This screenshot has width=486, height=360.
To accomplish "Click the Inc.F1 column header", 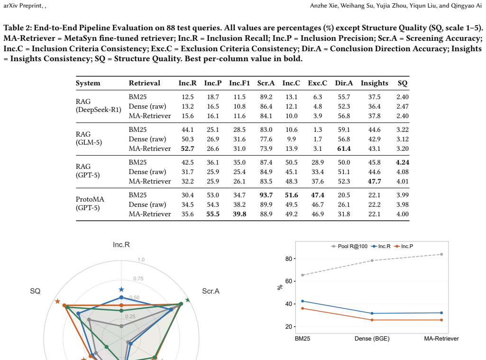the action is [239, 83].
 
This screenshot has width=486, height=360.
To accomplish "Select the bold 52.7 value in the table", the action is [187, 148].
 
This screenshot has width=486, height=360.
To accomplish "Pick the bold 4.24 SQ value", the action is [403, 162].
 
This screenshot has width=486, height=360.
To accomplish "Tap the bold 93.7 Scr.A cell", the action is [266, 195].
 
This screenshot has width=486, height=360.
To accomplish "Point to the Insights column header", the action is [375, 83].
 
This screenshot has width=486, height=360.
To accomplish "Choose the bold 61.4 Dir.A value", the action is [344, 148].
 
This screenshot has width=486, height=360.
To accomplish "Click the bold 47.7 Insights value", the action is [375, 181].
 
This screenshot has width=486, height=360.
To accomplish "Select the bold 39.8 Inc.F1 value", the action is [239, 214].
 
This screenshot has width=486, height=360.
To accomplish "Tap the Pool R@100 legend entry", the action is [349, 246].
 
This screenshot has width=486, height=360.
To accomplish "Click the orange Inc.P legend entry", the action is [403, 246].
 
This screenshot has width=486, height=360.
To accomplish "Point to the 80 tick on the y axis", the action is [289, 258].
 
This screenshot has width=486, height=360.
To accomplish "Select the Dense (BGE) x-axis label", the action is [372, 339].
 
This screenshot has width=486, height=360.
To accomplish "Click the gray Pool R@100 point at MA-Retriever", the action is [441, 254].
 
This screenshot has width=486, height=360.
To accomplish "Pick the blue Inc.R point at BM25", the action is [303, 301].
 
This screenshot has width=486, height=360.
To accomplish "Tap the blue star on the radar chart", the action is [121, 290].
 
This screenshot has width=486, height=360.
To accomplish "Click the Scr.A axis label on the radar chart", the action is [211, 291].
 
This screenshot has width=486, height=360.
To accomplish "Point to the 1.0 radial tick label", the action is [141, 259].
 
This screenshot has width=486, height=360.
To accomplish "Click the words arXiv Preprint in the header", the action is [23, 6].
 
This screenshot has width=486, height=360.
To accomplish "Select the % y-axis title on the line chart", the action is [280, 287].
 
